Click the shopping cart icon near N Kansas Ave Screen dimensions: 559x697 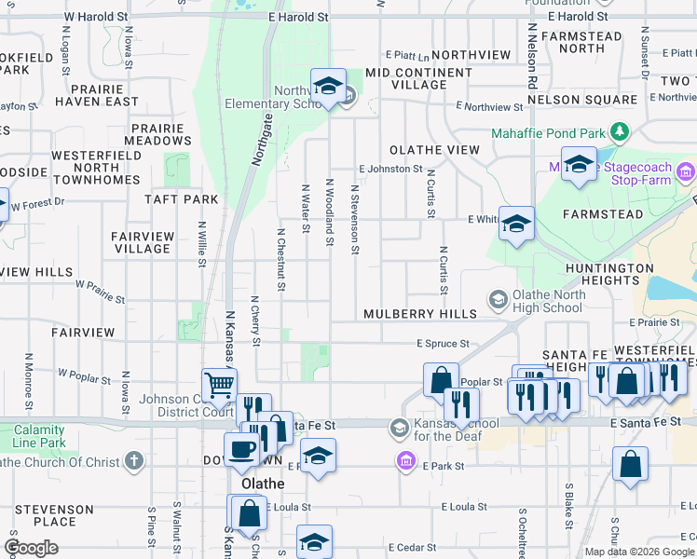click(218, 383)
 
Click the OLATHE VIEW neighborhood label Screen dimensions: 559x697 click(434, 149)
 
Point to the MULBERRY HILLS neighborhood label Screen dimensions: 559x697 click(408, 315)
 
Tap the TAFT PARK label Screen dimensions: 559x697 click(181, 199)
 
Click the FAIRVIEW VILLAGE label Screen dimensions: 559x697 click(142, 242)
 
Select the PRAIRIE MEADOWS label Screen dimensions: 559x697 click(161, 134)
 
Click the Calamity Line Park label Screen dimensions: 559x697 click(39, 436)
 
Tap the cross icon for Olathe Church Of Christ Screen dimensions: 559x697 click(135, 461)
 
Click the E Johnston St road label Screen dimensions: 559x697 click(390, 169)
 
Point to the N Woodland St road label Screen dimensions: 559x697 click(329, 213)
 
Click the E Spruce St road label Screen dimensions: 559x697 click(442, 344)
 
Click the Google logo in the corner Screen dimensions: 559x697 click(31, 548)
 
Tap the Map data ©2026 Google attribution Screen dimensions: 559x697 click(638, 552)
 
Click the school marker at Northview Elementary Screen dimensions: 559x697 click(327, 86)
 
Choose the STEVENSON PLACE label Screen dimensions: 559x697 click(53, 515)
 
